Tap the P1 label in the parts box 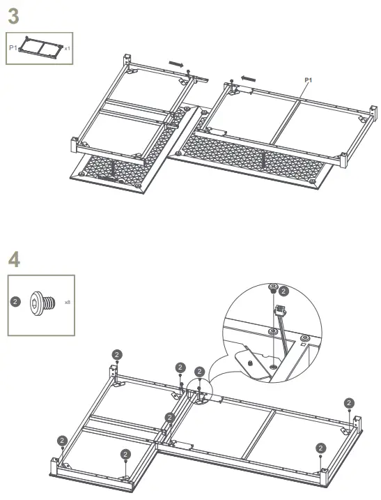(x=13, y=48)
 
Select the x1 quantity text (x=67, y=49)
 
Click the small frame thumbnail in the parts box (x=40, y=47)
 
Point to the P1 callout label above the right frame (x=307, y=81)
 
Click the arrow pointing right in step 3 (x=178, y=64)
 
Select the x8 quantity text (x=68, y=303)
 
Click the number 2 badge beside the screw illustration (x=15, y=303)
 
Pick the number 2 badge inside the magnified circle (x=283, y=291)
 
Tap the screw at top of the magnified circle (x=273, y=288)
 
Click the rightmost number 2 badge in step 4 (x=348, y=402)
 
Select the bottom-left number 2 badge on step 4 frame (x=62, y=440)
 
